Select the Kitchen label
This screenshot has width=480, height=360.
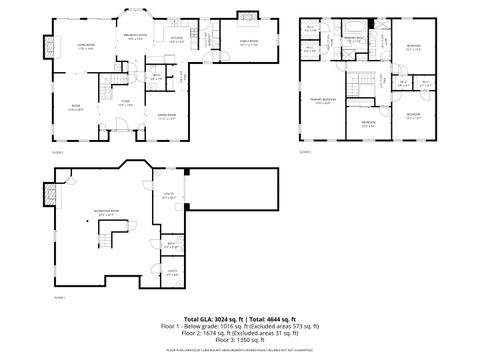tap(177, 41)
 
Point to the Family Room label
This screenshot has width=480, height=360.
tap(250, 41)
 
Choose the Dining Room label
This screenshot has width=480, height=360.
tap(167, 116)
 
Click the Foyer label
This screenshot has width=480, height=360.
tap(126, 101)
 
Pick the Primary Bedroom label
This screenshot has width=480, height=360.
tap(321, 103)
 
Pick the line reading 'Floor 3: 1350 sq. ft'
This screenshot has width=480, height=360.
tap(241, 340)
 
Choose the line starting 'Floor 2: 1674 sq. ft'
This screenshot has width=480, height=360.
tap(241, 333)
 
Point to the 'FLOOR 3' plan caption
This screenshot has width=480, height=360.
tap(305, 152)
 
